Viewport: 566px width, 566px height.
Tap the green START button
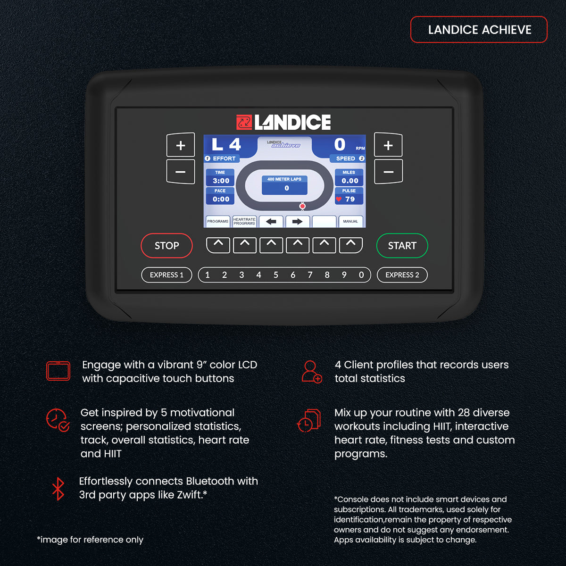tap(402, 246)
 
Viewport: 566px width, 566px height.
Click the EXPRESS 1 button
tap(166, 275)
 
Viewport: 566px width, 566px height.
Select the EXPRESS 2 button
tap(402, 275)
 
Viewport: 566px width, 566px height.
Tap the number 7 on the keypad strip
tap(310, 275)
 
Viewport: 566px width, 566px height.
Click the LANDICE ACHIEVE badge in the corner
tap(479, 30)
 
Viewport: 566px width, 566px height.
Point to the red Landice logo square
tap(244, 122)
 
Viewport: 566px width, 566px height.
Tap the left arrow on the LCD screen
tap(271, 222)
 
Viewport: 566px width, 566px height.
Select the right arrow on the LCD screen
tap(297, 222)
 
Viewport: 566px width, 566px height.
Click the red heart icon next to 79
tap(339, 199)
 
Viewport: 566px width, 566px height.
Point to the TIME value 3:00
tap(221, 181)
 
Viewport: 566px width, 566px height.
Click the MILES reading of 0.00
tap(350, 181)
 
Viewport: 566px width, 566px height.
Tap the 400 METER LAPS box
tap(284, 185)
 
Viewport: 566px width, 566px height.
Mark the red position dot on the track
tap(302, 206)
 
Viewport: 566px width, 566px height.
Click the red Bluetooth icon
tap(58, 489)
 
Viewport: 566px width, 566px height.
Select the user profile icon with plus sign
tap(312, 372)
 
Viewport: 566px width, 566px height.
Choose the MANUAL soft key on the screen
tap(350, 222)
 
